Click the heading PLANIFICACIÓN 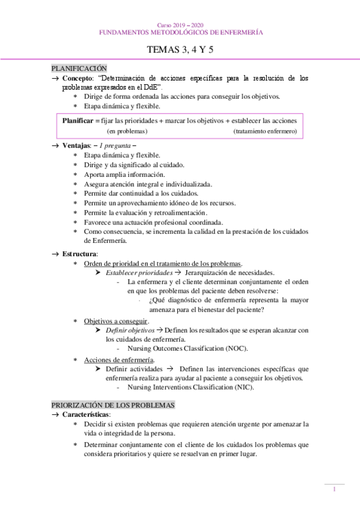point(79,69)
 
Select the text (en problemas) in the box point(127,131)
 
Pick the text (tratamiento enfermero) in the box point(264,131)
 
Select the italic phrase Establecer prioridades point(130,272)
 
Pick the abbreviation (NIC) point(241,387)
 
